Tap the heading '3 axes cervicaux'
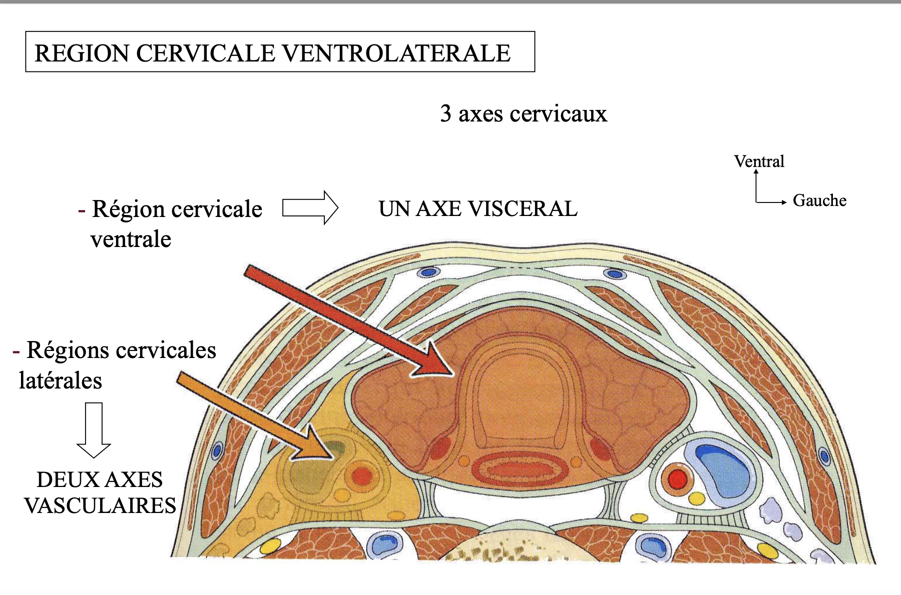(523, 113)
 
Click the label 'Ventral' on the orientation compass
(759, 161)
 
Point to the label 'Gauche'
(819, 200)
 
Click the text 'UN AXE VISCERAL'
(478, 208)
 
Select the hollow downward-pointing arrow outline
(94, 430)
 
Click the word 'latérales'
(61, 380)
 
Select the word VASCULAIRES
(100, 505)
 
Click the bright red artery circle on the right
(677, 478)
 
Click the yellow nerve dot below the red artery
(696, 498)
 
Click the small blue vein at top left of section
(428, 272)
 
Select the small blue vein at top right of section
(614, 274)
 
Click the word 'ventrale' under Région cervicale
(131, 239)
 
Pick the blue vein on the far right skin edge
(823, 456)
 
